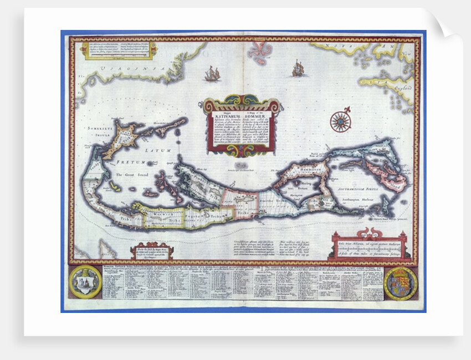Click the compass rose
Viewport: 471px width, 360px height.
[340, 121]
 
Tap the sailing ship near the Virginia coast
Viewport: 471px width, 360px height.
[211, 73]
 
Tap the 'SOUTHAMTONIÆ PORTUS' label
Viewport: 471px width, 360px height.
[359, 188]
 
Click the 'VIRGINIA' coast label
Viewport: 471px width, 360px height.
[119, 70]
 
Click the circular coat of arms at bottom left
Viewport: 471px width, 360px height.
[86, 282]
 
